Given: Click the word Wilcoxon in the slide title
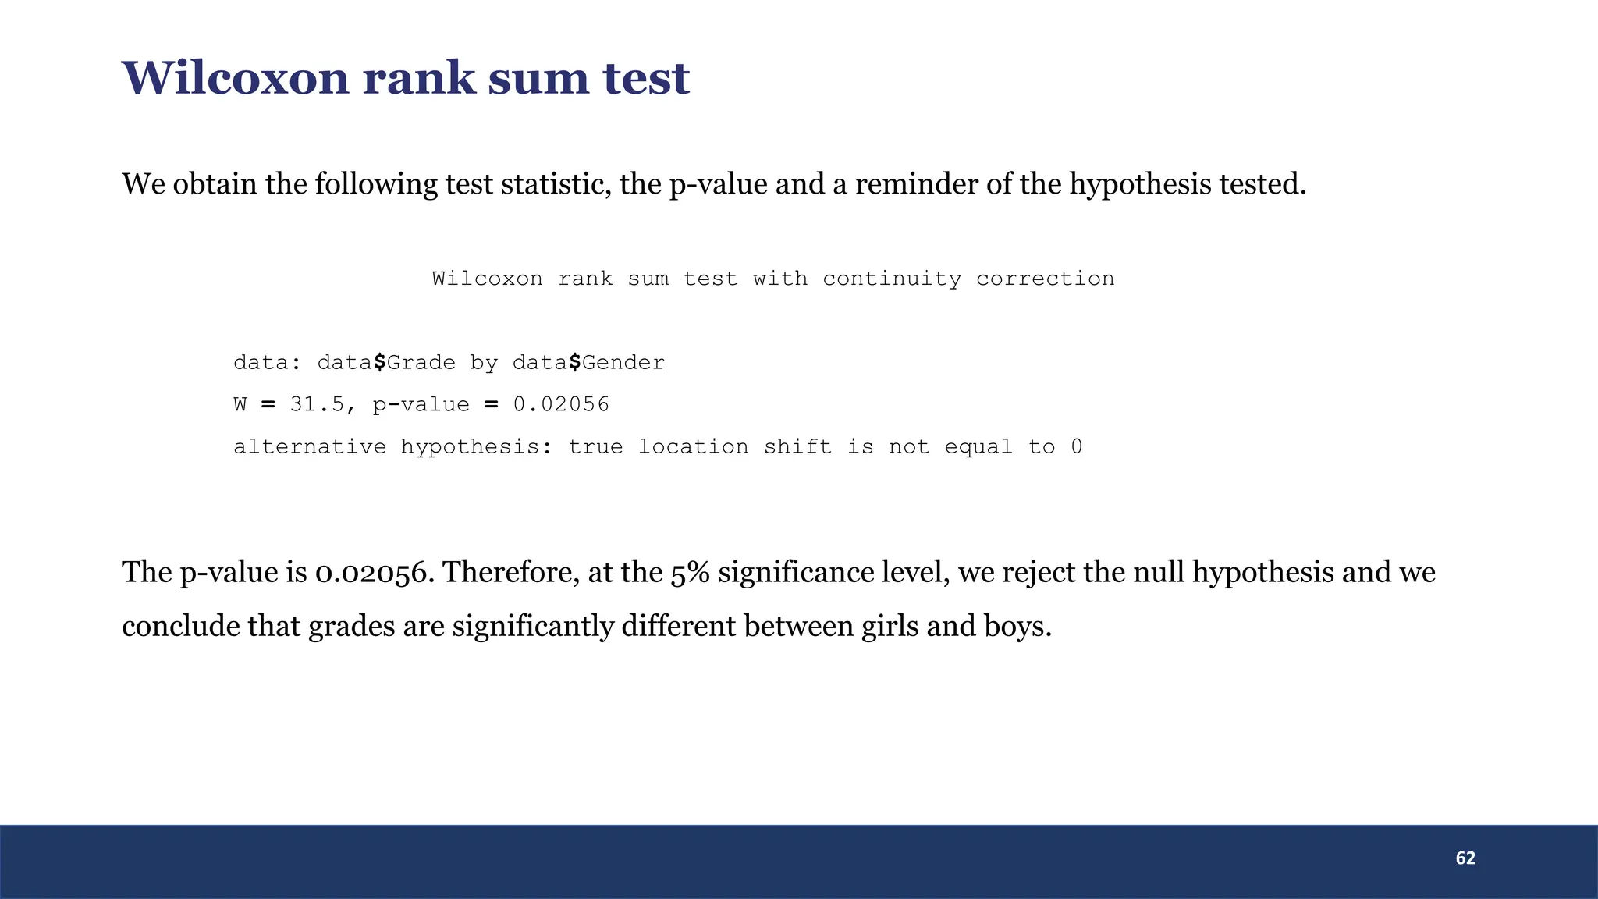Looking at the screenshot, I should click(235, 78).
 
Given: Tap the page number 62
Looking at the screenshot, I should click(1465, 858).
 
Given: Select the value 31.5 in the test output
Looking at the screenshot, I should click(317, 404).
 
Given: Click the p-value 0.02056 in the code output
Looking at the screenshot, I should click(561, 404).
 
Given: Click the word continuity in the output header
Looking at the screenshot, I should click(892, 279).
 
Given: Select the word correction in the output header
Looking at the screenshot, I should click(1045, 279).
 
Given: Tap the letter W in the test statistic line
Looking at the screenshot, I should click(240, 404).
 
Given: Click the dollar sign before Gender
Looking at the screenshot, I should click(574, 362).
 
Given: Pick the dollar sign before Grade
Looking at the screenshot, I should click(379, 362).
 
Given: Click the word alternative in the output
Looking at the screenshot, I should click(310, 446).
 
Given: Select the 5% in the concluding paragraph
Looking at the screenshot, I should click(690, 573).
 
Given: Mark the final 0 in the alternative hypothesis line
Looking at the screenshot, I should click(1077, 446).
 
